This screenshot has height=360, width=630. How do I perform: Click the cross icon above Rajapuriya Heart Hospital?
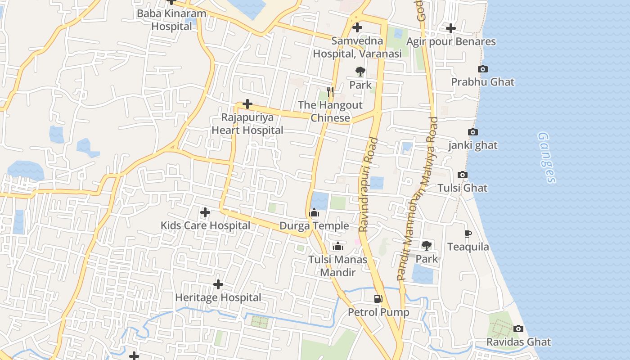(x=247, y=104)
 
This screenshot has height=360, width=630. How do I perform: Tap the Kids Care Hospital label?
(x=205, y=225)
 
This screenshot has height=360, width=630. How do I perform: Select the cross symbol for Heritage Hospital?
(x=218, y=284)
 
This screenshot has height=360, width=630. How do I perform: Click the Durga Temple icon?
(x=314, y=212)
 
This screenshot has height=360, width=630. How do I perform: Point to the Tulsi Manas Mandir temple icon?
(x=337, y=246)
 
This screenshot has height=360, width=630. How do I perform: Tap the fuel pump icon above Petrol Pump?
(x=378, y=298)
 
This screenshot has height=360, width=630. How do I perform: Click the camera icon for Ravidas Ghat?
(x=518, y=328)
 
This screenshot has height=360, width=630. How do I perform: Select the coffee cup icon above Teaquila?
(x=468, y=234)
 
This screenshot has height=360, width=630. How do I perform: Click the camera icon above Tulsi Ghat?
(x=462, y=175)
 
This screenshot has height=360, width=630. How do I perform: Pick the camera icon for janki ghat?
(x=472, y=132)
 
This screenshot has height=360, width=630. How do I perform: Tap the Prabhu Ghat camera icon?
(x=482, y=69)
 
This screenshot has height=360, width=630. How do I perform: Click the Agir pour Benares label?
(x=451, y=42)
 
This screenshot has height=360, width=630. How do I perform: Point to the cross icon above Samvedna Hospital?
(x=357, y=28)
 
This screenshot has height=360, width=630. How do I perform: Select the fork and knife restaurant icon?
(x=331, y=92)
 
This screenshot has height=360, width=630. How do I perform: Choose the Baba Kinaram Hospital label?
(x=171, y=20)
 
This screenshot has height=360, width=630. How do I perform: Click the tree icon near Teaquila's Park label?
(x=426, y=246)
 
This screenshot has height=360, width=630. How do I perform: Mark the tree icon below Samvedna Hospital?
(x=360, y=71)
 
